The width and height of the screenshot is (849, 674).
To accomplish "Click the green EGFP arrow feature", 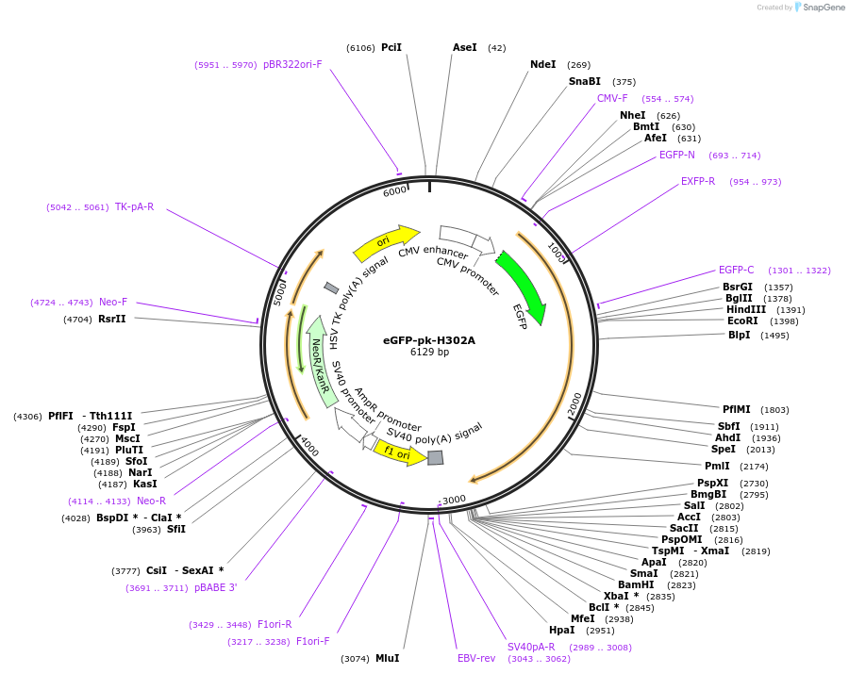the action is (x=522, y=286).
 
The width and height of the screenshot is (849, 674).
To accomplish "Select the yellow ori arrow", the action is (x=386, y=241).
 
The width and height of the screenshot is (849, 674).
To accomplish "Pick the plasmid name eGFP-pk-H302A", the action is (x=429, y=340).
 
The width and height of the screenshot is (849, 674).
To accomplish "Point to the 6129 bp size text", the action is (x=429, y=353).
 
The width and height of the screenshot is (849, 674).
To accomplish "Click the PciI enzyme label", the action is (x=391, y=47).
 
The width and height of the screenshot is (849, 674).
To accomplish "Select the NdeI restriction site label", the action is (x=543, y=64).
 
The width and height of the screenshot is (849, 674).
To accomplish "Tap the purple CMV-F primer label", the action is (x=612, y=98).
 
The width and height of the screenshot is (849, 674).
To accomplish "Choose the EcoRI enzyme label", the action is (x=742, y=321).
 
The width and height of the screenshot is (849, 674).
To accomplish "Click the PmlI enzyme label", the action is (x=717, y=466).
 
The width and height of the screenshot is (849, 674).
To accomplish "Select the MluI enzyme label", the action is (x=388, y=658).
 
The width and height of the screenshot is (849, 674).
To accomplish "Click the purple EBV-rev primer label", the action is (x=476, y=658).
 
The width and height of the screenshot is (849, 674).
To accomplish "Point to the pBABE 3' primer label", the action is (x=216, y=587).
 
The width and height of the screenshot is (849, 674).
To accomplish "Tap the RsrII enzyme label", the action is (x=112, y=319).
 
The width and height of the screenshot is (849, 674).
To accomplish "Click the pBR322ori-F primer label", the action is (x=292, y=64).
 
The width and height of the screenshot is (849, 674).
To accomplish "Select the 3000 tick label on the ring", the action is (x=454, y=500).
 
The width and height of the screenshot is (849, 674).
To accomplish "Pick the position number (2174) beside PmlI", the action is (x=755, y=466).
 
